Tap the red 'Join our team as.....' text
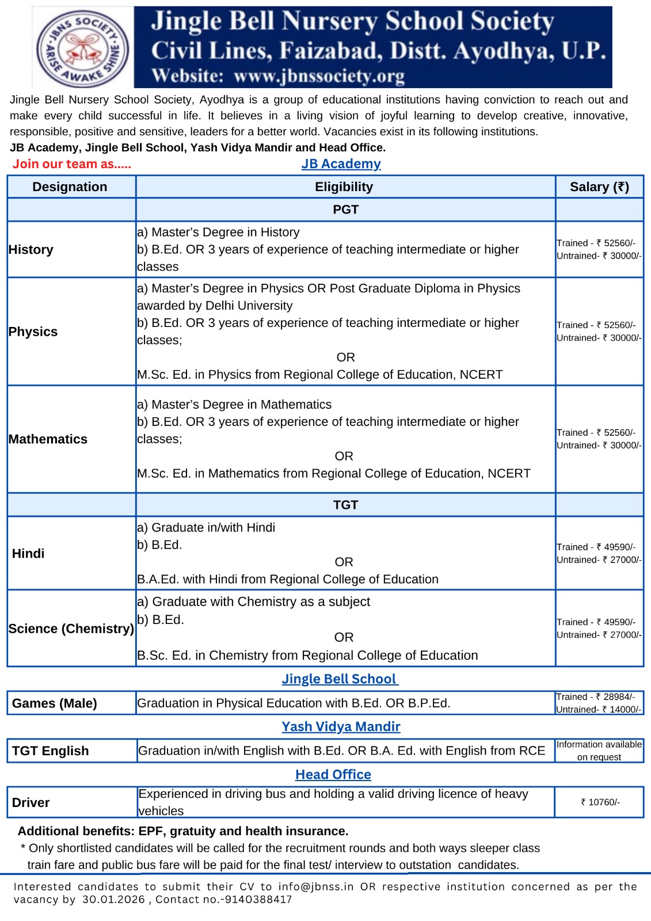[x=72, y=164]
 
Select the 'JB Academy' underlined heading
[x=341, y=164]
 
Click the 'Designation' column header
[x=70, y=187]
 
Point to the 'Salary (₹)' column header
[x=599, y=187]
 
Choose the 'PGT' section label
[x=345, y=210]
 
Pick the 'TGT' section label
[x=345, y=505]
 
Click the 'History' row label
[x=31, y=250]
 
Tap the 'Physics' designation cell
[x=33, y=332]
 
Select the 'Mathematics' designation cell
[x=48, y=439]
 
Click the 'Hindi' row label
[x=28, y=554]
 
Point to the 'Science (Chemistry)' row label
[x=71, y=629]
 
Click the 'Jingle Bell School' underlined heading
[x=340, y=679]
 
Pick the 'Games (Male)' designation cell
[x=55, y=703]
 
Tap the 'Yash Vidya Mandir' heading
[x=341, y=727]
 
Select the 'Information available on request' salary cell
[x=599, y=751]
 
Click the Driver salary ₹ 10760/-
[x=600, y=802]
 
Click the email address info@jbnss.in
[x=316, y=887]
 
